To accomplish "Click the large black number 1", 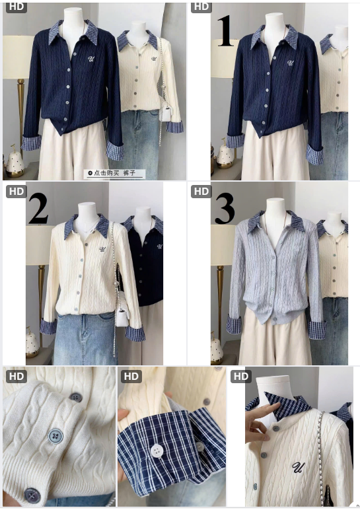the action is click(226, 32).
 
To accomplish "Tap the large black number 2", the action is click(39, 209).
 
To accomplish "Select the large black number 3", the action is click(225, 209).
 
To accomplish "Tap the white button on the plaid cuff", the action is click(157, 451).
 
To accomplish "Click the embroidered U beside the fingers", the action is click(297, 467).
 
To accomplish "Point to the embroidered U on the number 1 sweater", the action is click(290, 62).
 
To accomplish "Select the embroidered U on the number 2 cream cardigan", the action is click(103, 249).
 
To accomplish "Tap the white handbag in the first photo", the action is click(166, 112).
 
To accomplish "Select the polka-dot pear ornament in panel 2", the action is click(32, 342).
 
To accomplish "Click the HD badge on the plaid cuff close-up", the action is click(131, 377).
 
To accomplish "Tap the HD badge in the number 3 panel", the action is click(201, 192).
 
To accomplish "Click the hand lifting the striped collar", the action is click(260, 423).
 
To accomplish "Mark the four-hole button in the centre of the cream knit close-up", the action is click(55, 436).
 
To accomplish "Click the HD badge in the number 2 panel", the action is click(17, 192).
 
